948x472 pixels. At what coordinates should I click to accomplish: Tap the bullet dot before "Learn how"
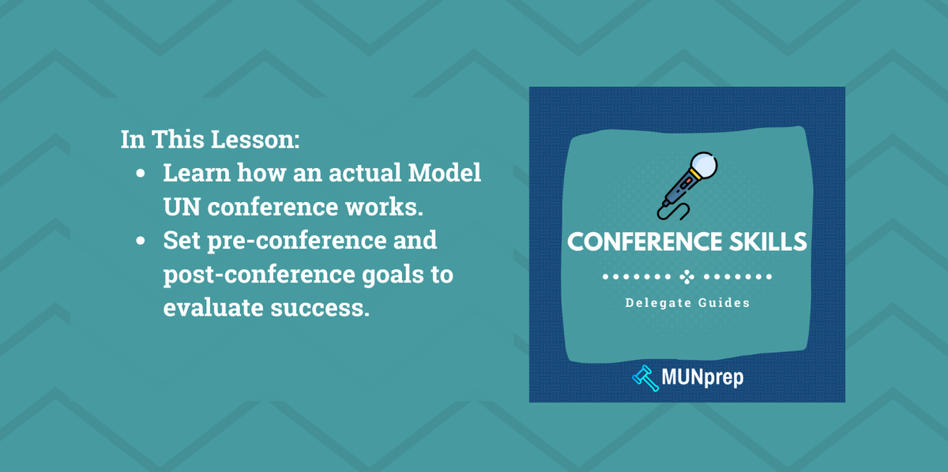click(x=141, y=174)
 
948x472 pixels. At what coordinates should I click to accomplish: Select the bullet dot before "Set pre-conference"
click(x=141, y=242)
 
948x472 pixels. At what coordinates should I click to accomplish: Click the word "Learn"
click(x=197, y=173)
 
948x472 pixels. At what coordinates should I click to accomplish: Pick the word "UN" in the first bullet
click(x=181, y=207)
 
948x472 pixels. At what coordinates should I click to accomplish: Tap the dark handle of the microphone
click(x=678, y=193)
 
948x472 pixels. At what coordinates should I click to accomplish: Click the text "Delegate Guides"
click(x=687, y=302)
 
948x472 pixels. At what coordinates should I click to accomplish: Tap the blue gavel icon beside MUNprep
click(x=645, y=377)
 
